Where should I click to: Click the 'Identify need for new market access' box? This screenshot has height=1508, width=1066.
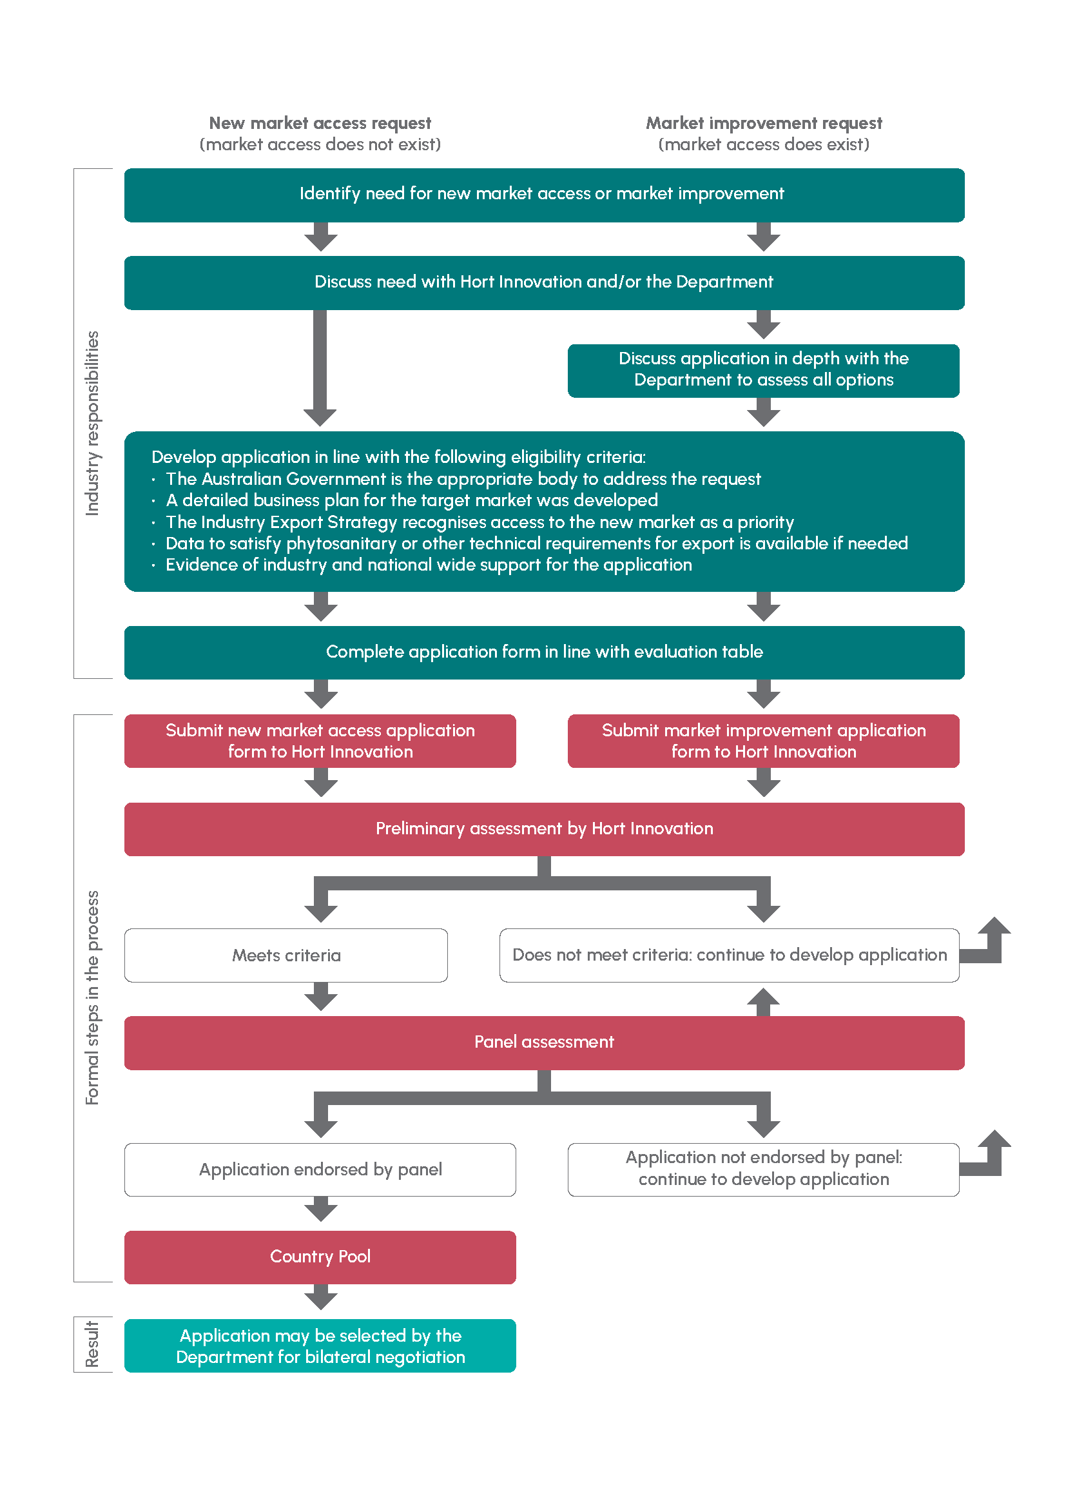[544, 195]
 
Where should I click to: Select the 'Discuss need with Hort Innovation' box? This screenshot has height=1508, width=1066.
[544, 282]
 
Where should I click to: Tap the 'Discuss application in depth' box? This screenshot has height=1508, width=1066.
[763, 371]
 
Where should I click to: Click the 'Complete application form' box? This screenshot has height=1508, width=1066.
[544, 652]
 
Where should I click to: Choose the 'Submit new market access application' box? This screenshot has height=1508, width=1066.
[320, 741]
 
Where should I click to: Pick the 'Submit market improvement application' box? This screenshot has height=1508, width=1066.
[763, 741]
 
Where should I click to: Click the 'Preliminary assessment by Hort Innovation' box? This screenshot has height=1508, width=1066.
[544, 829]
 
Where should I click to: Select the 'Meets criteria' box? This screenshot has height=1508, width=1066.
[286, 955]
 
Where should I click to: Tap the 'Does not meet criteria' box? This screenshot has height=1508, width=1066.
[730, 955]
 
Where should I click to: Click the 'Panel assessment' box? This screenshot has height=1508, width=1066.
[544, 1043]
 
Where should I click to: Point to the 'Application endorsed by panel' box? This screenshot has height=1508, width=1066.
[320, 1170]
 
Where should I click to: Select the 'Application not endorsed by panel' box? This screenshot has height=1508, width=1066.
[763, 1170]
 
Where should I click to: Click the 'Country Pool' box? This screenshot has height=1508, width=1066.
[320, 1257]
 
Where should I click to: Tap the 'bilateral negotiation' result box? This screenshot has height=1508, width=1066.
[320, 1346]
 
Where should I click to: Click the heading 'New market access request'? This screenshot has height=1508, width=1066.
[320, 123]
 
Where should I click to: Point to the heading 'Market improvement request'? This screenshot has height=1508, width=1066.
[764, 123]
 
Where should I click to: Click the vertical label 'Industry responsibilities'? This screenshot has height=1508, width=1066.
[93, 424]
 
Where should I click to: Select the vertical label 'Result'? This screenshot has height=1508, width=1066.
[93, 1345]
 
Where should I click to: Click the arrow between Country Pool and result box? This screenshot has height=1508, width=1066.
[320, 1297]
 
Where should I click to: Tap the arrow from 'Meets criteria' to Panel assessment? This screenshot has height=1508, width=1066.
[320, 996]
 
